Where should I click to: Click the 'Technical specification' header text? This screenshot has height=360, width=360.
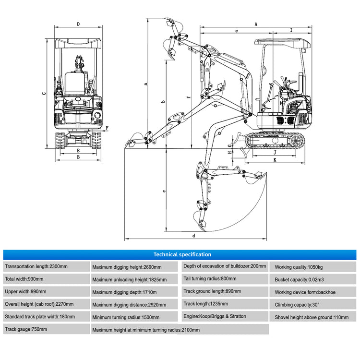tap(182, 254)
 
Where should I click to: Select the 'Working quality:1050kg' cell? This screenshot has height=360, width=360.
tap(314, 266)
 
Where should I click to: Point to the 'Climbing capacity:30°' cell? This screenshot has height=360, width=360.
tap(314, 304)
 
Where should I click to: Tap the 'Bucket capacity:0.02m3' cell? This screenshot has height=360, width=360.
tap(314, 279)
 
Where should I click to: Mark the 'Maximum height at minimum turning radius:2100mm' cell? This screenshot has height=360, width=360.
tap(180, 330)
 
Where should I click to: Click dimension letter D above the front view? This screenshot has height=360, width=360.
tap(78, 24)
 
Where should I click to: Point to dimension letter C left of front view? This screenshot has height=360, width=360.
tap(43, 94)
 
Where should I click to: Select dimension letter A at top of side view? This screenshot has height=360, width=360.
tap(256, 24)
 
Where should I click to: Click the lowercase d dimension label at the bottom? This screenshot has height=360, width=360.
tap(193, 236)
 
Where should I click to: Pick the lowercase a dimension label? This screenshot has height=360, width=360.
tap(145, 84)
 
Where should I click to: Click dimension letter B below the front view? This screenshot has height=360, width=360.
tap(78, 157)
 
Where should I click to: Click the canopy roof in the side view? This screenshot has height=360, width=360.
tap(281, 42)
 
